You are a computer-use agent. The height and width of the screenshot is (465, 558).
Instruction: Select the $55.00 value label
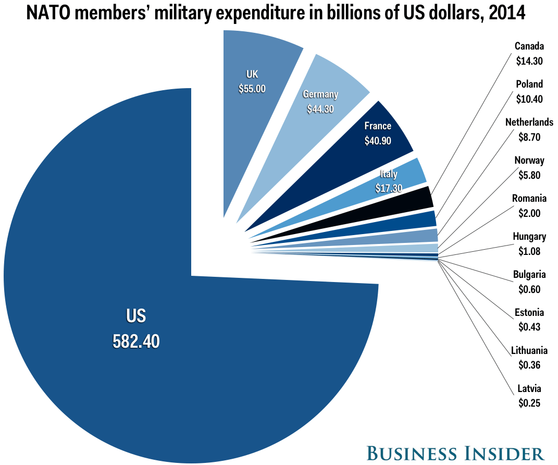click(252, 88)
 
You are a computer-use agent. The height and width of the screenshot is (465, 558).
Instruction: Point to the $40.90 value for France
click(378, 140)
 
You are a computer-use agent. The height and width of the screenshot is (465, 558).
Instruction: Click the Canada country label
click(529, 46)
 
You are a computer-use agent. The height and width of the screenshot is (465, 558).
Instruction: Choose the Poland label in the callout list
click(529, 84)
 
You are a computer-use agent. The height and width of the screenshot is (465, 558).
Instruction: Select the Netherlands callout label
click(529, 123)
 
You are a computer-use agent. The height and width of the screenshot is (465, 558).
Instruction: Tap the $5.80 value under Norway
click(529, 175)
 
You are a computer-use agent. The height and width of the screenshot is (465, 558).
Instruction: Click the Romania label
click(529, 199)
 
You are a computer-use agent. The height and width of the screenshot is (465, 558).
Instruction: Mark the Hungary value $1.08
click(529, 251)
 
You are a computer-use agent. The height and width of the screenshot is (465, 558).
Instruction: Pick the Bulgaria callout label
click(529, 274)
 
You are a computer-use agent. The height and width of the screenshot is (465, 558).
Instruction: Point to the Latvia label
click(529, 388)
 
